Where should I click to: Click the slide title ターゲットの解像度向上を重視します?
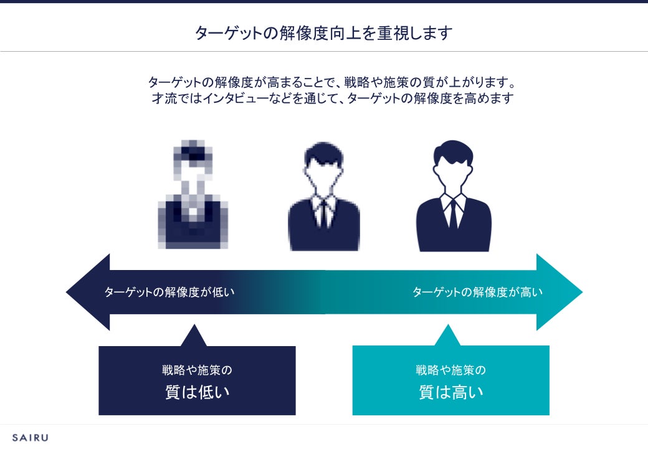point(323,32)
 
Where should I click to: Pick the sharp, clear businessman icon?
point(453,197)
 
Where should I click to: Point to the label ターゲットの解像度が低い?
point(169,292)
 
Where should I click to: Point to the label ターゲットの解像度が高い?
point(477,292)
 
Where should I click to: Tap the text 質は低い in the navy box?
point(197,392)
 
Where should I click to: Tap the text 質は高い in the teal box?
point(450,392)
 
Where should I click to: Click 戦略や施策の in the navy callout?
point(197,370)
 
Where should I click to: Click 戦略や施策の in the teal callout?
point(450,370)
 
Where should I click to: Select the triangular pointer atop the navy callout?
point(193,337)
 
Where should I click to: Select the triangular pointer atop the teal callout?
point(447,337)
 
